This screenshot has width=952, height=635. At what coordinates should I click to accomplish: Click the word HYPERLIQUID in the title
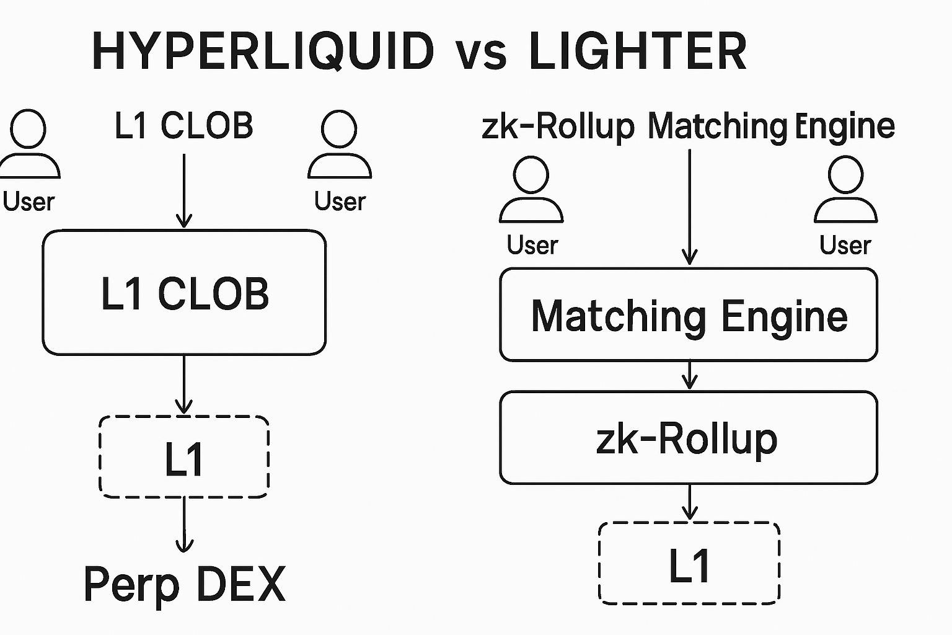(263, 51)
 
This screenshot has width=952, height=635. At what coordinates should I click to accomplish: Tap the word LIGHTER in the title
(638, 51)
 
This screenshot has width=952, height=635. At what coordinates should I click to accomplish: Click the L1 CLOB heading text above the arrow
(184, 126)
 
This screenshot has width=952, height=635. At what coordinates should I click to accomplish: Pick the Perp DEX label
(184, 584)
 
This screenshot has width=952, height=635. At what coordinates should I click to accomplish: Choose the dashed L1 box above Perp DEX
(184, 457)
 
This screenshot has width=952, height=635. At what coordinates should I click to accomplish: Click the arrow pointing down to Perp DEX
(184, 525)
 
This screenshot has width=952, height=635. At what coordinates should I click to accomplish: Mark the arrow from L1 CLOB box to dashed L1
(184, 384)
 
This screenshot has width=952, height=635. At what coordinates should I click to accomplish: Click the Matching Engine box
(689, 315)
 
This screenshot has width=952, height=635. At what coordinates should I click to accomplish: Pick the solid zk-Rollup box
(689, 438)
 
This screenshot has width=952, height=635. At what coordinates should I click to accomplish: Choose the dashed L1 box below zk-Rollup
(689, 563)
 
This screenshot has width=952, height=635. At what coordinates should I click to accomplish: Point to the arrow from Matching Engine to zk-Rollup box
(689, 376)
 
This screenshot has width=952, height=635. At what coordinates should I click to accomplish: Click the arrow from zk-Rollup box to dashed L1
(689, 502)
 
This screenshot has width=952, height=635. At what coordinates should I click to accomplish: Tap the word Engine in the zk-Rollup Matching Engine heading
(844, 127)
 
